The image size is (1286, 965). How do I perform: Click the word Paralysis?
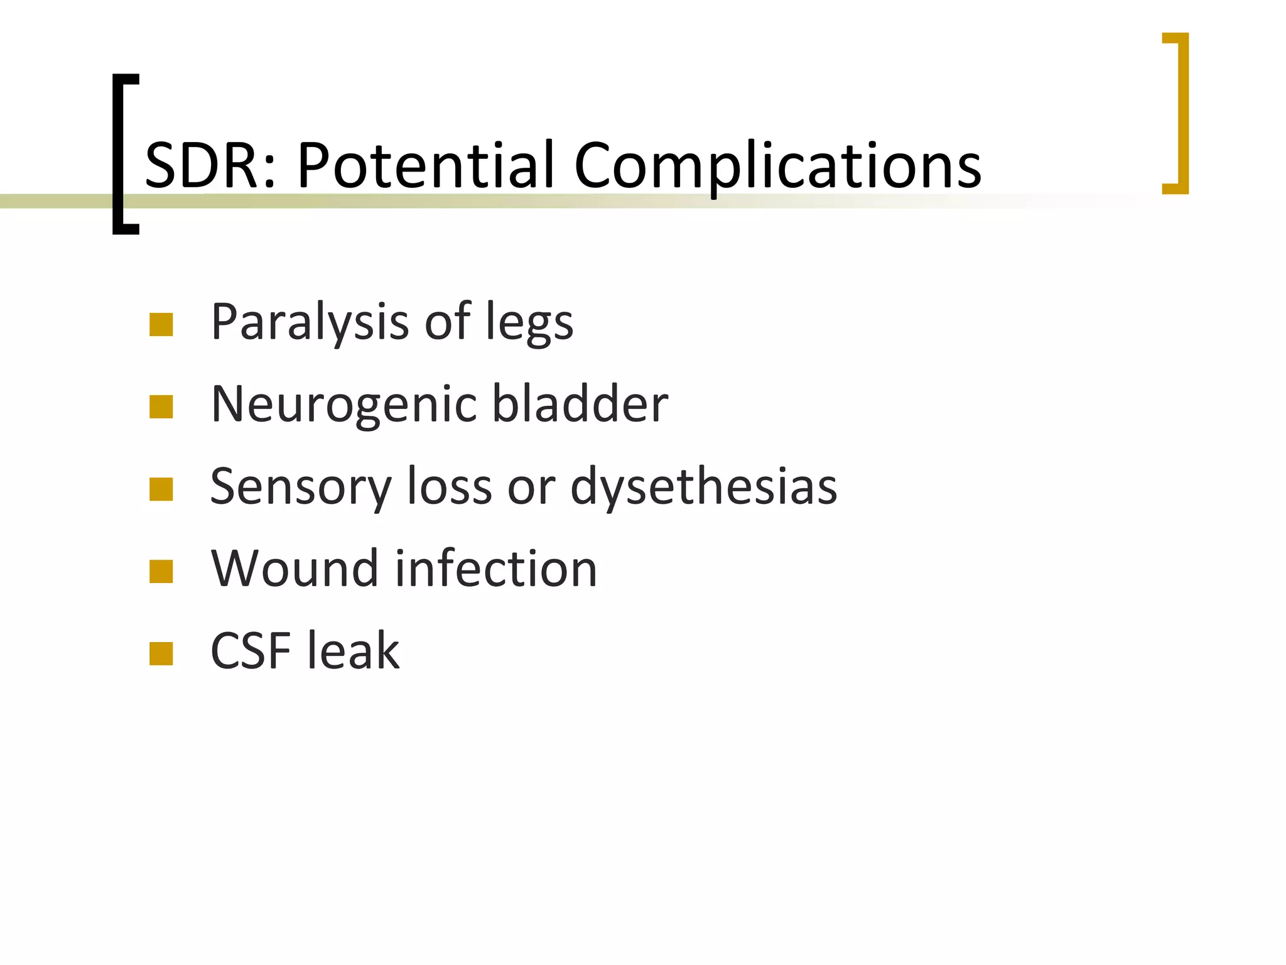tap(310, 322)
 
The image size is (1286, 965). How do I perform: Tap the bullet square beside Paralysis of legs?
tap(161, 325)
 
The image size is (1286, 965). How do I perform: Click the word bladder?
tap(580, 403)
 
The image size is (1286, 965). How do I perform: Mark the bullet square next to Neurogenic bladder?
tap(161, 407)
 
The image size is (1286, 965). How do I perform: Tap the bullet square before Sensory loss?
tap(161, 489)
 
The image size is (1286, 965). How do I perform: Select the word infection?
tap(496, 569)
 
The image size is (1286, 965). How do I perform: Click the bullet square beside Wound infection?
tap(161, 572)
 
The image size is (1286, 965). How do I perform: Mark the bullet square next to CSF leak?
tap(161, 653)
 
